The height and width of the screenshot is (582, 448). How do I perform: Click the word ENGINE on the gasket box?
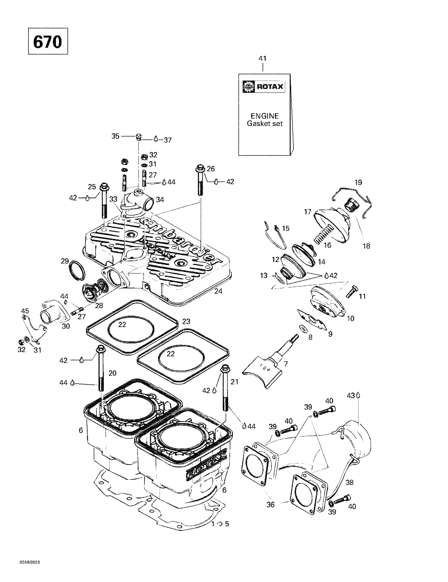(264, 116)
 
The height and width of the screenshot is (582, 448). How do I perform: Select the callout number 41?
(263, 58)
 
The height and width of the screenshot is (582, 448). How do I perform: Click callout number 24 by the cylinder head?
(218, 291)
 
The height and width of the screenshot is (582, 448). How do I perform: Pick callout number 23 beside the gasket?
(186, 322)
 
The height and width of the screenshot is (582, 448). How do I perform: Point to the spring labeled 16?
(323, 234)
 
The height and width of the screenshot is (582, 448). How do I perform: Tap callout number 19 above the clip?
(358, 183)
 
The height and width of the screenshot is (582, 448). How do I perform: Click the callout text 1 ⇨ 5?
(220, 524)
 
